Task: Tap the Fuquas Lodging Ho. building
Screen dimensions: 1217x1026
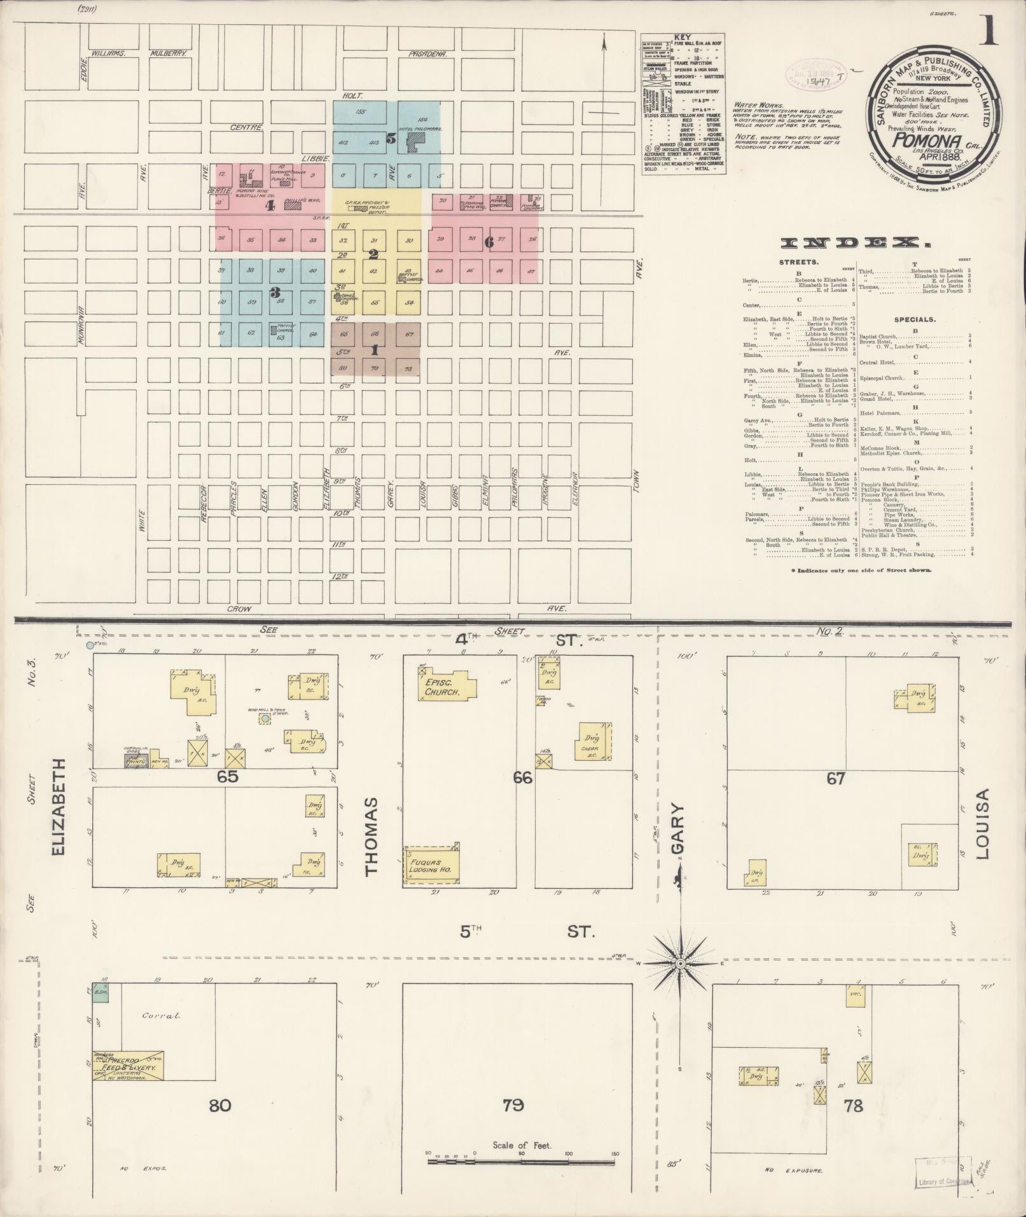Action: [x=432, y=866]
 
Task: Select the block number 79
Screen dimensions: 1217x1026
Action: [x=513, y=1105]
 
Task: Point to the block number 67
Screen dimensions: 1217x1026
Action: [x=835, y=778]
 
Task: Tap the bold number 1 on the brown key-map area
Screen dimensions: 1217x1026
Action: [x=374, y=349]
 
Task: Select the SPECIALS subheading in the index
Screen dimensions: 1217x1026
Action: [x=915, y=320]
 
